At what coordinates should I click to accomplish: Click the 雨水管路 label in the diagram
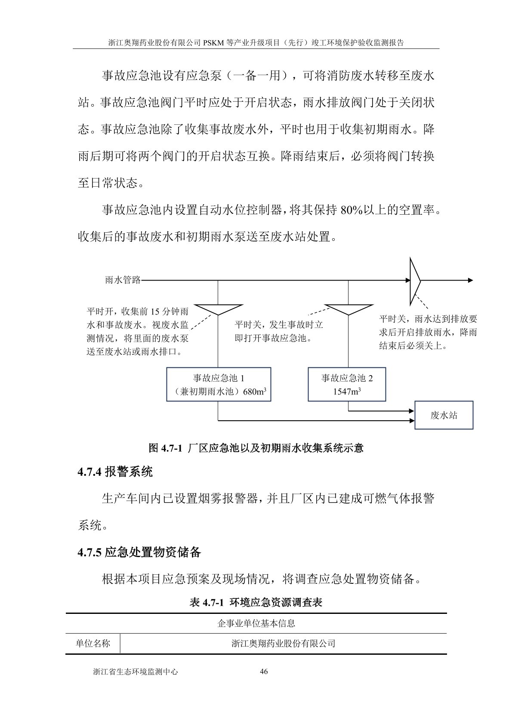pyautogui.click(x=123, y=280)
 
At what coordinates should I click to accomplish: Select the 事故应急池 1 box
pyautogui.click(x=219, y=384)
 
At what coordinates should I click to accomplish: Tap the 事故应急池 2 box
pyautogui.click(x=347, y=384)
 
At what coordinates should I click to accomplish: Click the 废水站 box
pyautogui.click(x=444, y=415)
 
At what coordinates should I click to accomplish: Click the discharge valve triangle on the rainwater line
pyautogui.click(x=415, y=280)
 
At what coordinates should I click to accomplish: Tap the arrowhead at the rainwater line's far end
pyautogui.click(x=470, y=280)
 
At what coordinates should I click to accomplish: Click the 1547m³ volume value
pyautogui.click(x=347, y=391)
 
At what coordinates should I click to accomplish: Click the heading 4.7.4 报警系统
pyautogui.click(x=115, y=472)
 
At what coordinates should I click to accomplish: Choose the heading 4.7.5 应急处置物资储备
pyautogui.click(x=139, y=552)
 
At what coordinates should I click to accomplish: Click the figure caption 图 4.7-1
pyautogui.click(x=256, y=448)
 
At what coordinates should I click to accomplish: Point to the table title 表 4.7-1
pyautogui.click(x=256, y=602)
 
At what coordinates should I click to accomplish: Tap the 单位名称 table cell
pyautogui.click(x=93, y=644)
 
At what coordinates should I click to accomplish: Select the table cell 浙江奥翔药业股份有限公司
pyautogui.click(x=283, y=644)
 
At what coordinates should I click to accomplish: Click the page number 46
pyautogui.click(x=264, y=672)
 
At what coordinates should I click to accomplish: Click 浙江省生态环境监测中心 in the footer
pyautogui.click(x=136, y=672)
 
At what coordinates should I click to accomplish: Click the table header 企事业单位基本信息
pyautogui.click(x=256, y=623)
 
